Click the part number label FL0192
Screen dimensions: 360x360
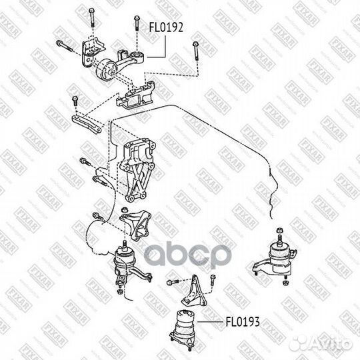(165, 28)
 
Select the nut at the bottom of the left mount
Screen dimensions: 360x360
(119, 291)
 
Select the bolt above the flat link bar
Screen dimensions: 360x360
(75, 101)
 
